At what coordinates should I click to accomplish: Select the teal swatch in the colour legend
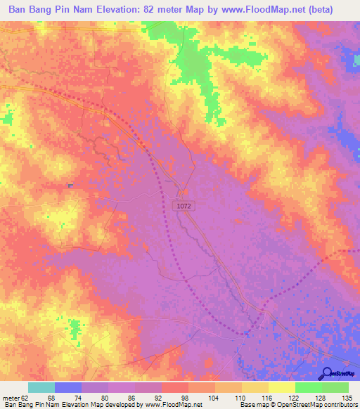41,388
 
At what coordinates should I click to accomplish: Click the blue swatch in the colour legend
67,388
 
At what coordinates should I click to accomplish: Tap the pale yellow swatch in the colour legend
281,388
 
